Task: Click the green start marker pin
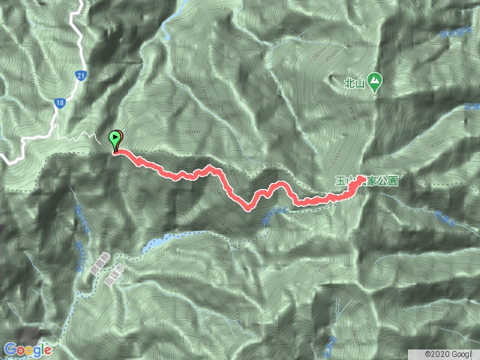[x=115, y=139]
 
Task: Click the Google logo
[x=28, y=349]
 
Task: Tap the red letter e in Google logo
[x=49, y=349]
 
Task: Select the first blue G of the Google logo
[x=9, y=349]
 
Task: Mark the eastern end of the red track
[x=361, y=178]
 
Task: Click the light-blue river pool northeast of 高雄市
[x=154, y=243]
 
